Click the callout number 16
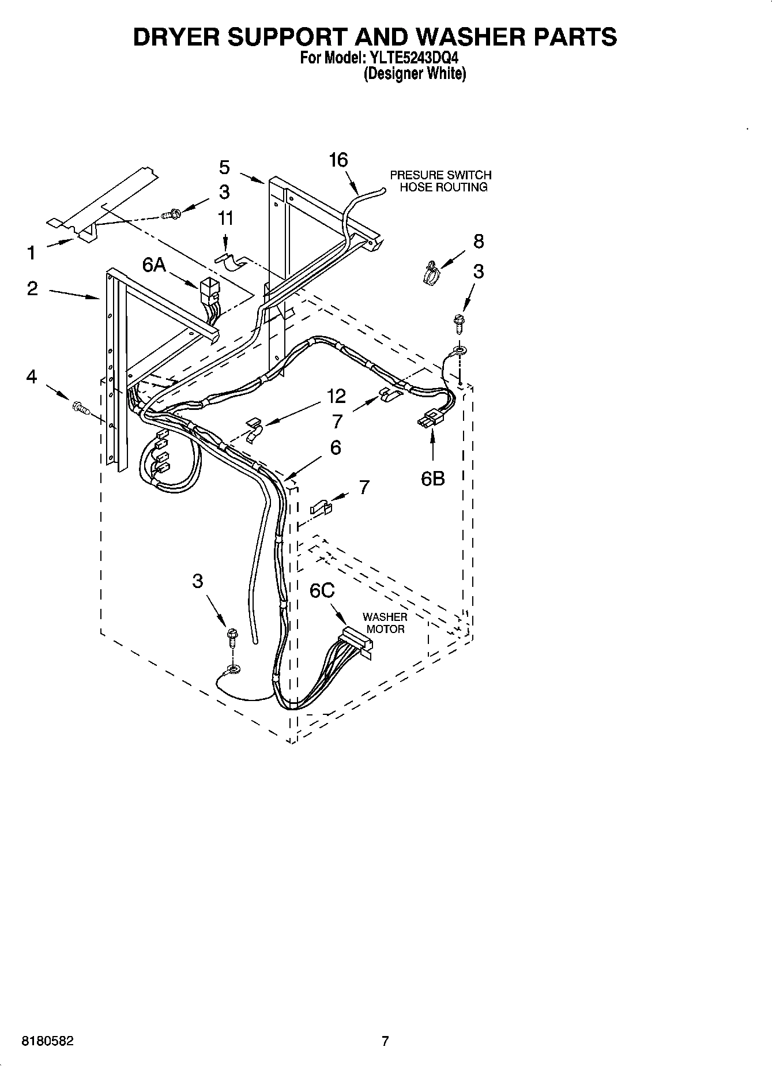338,160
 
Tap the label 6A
154,265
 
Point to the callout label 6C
322,591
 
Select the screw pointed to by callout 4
80,408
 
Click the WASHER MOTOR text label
385,623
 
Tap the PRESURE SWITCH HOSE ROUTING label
440,180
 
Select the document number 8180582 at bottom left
47,1041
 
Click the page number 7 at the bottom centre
385,1041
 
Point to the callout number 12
336,396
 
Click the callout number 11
225,218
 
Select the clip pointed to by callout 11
230,262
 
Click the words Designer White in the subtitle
414,74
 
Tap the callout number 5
224,167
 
